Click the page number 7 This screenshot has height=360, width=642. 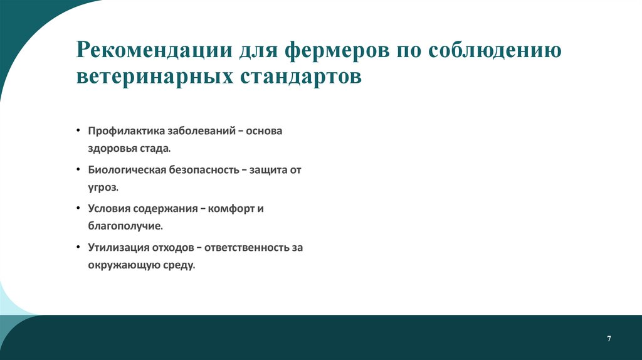pos(609,339)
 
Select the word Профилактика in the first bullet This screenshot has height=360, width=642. pos(126,132)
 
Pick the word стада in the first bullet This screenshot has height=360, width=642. pos(155,149)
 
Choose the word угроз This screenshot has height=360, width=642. pos(102,188)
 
